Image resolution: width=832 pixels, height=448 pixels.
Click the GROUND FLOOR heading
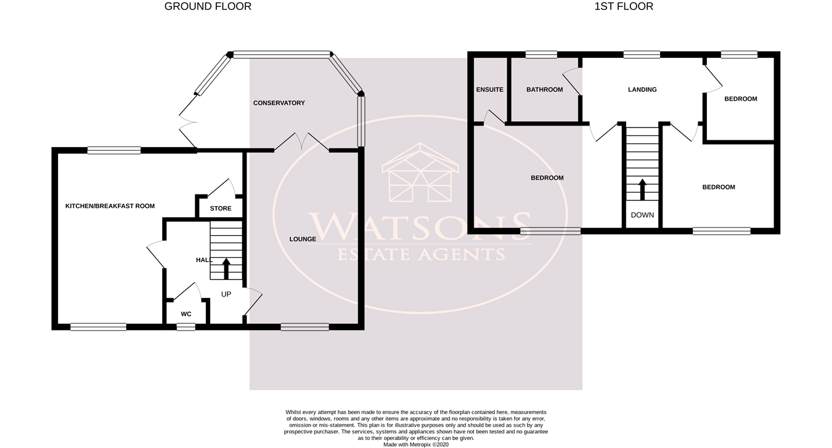pos(208,6)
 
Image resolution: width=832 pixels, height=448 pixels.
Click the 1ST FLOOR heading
pos(624,6)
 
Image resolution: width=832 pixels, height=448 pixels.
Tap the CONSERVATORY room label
pos(279,103)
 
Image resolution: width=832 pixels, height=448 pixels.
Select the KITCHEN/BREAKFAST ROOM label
pos(110,206)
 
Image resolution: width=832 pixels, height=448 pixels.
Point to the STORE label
pos(221,209)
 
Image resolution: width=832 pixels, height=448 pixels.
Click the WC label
pos(186,314)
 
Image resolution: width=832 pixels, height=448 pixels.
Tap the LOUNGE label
pos(303,239)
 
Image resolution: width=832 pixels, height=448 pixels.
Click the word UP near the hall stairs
pos(226,294)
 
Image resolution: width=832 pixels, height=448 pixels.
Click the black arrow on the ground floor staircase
pos(226,269)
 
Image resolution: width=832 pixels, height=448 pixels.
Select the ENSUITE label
pos(490,89)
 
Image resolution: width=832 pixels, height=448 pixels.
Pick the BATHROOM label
pos(545,89)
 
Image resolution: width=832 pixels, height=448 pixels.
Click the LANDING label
pos(642,89)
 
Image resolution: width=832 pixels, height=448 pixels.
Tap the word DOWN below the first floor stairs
pos(642,215)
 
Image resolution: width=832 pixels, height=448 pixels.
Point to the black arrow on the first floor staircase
pos(642,190)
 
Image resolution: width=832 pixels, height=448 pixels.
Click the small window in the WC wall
pos(186,327)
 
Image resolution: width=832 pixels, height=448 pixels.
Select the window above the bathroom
pos(542,55)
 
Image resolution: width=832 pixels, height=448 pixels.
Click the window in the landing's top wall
pos(642,55)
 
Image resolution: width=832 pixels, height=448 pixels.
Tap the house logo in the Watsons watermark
pos(420,173)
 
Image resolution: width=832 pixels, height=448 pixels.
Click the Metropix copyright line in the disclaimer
pos(416,444)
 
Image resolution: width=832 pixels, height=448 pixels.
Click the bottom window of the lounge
pos(304,327)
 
